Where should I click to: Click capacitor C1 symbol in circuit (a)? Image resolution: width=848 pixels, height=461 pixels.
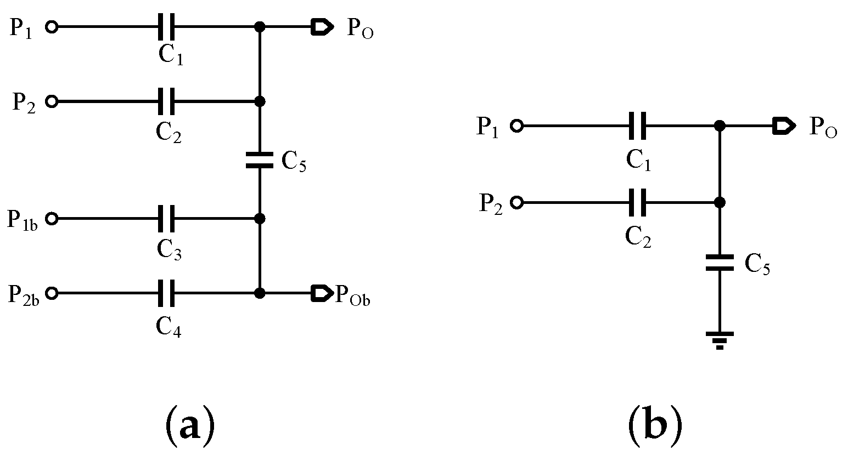pos(166,26)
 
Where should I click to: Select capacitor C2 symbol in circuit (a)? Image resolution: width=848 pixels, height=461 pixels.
pos(166,101)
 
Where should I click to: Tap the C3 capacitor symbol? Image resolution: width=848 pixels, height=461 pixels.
pos(166,218)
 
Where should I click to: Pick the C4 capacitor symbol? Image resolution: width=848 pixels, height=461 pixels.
pos(166,293)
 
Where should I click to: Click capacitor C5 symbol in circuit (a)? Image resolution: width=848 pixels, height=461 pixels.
pos(260,160)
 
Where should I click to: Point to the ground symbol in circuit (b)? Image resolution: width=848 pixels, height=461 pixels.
pos(720,340)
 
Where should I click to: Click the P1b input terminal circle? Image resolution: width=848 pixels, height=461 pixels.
pos(52,218)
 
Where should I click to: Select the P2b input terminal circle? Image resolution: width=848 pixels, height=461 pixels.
pos(52,293)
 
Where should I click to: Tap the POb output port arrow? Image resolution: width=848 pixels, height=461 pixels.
pos(322,293)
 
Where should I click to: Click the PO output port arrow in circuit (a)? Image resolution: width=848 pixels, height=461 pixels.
pos(322,26)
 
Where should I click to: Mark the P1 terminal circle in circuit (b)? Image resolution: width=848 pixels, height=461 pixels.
pos(516,126)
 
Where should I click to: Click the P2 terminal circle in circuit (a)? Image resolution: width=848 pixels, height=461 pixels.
pos(52,101)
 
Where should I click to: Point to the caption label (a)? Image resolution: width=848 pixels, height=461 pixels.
pos(189,425)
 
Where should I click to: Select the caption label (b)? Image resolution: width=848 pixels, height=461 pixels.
pos(654,425)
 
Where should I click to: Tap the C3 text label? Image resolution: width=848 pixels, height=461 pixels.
pos(169,250)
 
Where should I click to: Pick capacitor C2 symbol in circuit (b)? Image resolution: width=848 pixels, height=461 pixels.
pos(637,203)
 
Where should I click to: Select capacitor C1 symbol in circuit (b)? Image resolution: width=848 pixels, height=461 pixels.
pos(637,126)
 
